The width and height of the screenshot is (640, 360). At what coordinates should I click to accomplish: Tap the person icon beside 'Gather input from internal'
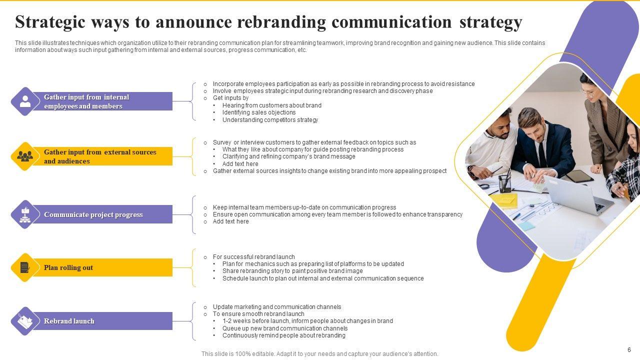tap(25, 101)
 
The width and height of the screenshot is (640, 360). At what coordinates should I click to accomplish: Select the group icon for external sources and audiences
tap(25, 156)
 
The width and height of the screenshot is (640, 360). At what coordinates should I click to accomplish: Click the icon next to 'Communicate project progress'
tap(25, 214)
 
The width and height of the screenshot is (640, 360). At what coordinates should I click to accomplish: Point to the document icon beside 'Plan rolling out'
tap(25, 267)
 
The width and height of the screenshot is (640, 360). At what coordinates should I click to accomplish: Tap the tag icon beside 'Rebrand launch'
tap(25, 321)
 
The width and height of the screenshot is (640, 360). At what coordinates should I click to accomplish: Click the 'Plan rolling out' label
tap(68, 267)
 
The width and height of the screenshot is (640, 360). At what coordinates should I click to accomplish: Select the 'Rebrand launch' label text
tap(69, 321)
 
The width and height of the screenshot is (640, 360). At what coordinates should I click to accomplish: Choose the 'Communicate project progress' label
tap(93, 214)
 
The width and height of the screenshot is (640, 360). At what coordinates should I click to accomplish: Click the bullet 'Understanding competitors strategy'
tap(270, 120)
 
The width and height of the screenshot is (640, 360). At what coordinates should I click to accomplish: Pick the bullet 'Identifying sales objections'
tap(259, 112)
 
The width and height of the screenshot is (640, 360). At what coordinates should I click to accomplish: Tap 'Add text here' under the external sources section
tap(240, 164)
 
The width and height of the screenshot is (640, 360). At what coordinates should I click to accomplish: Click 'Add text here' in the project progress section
tap(230, 221)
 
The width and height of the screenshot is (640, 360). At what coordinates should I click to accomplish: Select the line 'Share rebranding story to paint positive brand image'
tap(292, 271)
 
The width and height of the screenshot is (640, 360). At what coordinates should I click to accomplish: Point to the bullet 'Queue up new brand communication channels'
tap(285, 328)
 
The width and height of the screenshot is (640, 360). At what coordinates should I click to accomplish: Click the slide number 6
tap(629, 350)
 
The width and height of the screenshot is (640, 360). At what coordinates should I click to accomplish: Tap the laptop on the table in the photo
tap(575, 195)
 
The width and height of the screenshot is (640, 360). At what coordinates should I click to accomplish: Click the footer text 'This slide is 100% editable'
tap(320, 354)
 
